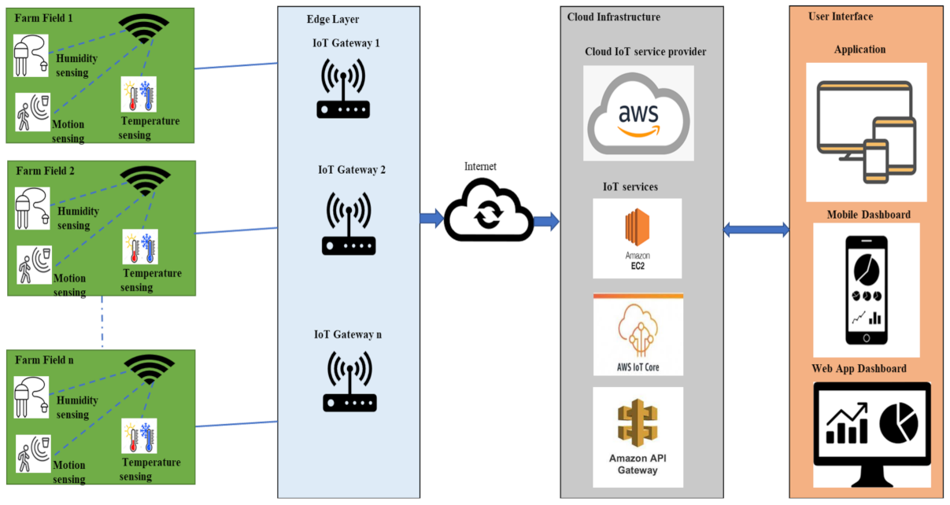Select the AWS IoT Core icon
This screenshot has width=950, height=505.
click(638, 334)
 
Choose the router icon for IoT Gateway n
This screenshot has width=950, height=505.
click(349, 382)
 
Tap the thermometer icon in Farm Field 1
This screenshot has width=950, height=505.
click(139, 96)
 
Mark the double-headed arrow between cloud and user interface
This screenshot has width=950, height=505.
click(756, 230)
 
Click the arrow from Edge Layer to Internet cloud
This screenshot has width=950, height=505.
click(431, 218)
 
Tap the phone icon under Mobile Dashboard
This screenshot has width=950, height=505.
click(866, 290)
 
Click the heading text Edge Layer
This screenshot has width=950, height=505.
click(332, 19)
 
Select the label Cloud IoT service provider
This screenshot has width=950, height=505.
click(645, 52)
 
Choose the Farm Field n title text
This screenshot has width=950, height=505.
click(45, 359)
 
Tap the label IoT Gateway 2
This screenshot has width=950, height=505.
click(352, 170)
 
